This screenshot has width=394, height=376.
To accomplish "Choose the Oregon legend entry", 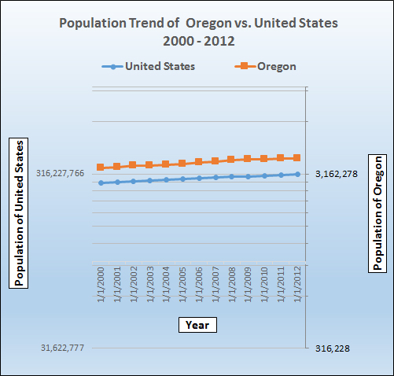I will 264,66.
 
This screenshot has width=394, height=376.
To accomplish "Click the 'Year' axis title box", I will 197,323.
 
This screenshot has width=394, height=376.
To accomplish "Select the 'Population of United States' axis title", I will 18,213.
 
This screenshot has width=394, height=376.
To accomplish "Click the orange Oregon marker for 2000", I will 101,168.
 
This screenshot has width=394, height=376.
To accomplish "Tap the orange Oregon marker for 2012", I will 297,157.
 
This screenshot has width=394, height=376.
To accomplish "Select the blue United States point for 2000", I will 101,182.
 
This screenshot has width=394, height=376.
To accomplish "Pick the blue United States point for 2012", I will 297,174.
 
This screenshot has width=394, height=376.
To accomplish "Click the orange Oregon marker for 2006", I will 199,162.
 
